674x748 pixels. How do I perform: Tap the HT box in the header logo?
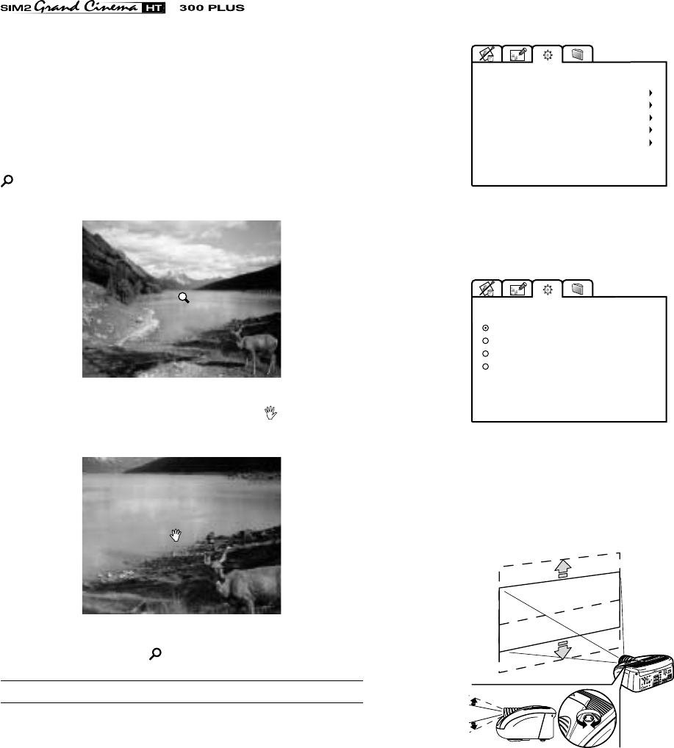pyautogui.click(x=153, y=7)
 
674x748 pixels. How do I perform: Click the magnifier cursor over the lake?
pyautogui.click(x=184, y=298)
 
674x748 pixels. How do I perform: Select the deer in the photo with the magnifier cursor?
pyautogui.click(x=255, y=347)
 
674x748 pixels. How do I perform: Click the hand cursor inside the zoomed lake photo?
pyautogui.click(x=176, y=535)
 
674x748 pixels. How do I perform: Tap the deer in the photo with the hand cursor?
pyautogui.click(x=243, y=580)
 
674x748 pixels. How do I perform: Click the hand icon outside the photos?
pyautogui.click(x=270, y=413)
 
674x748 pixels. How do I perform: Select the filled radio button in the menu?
pyautogui.click(x=485, y=328)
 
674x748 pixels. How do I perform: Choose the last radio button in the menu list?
pyautogui.click(x=485, y=367)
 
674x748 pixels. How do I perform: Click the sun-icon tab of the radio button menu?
pyautogui.click(x=548, y=289)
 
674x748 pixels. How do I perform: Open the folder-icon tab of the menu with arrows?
pyautogui.click(x=578, y=54)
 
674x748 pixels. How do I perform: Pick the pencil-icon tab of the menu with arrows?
pyautogui.click(x=517, y=54)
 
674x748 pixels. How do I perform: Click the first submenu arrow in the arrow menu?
pyautogui.click(x=650, y=93)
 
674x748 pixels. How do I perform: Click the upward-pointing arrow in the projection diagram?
pyautogui.click(x=563, y=568)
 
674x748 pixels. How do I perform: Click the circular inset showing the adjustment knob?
pyautogui.click(x=587, y=717)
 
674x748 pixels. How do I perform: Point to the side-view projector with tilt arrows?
pyautogui.click(x=525, y=723)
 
